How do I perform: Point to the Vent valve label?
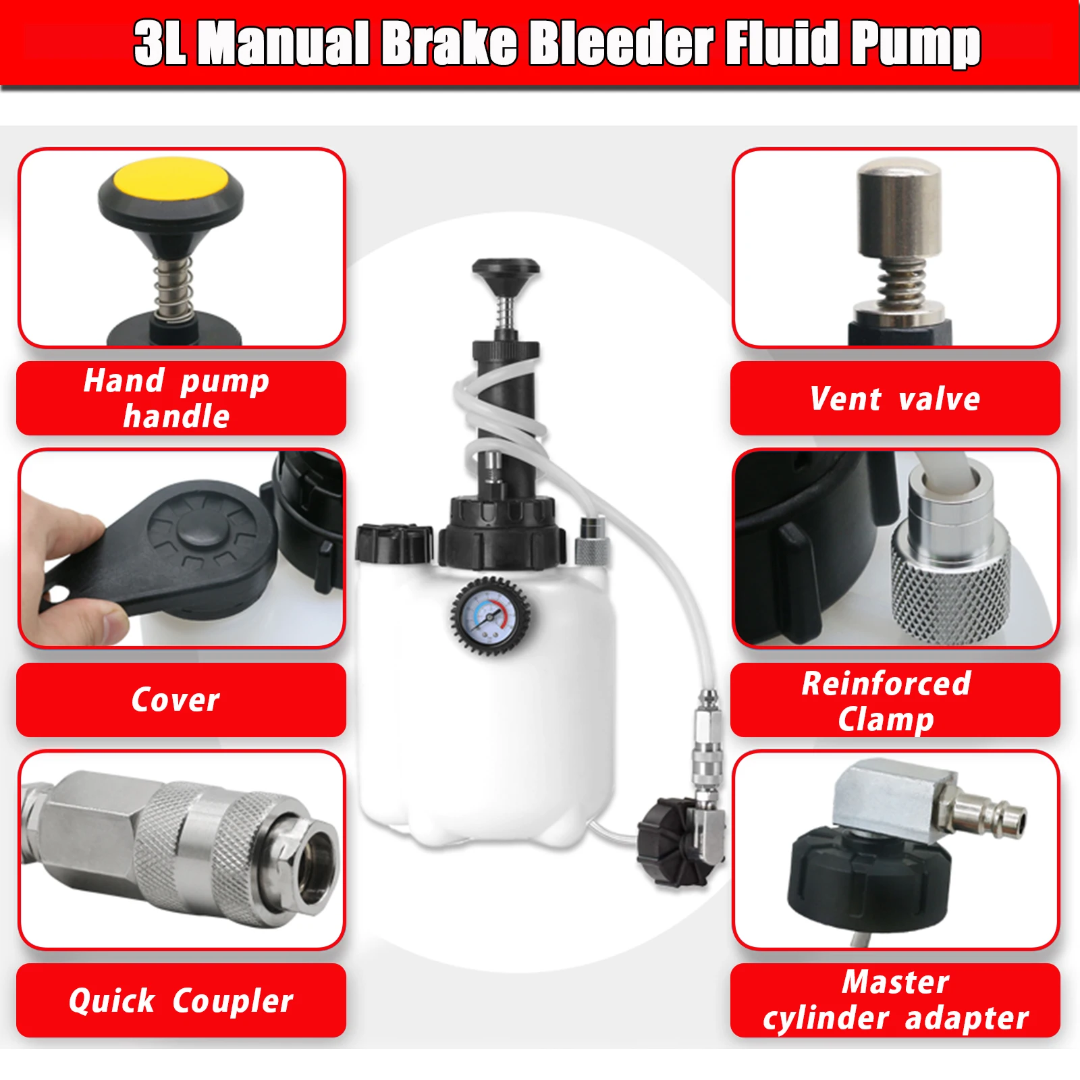(895, 398)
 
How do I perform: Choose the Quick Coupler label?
(180, 1000)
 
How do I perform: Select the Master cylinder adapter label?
(895, 1000)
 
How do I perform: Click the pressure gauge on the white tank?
(490, 616)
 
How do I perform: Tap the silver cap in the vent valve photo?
(899, 209)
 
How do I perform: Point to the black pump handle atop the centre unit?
(506, 271)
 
